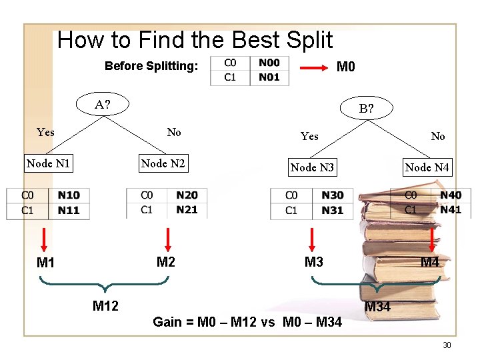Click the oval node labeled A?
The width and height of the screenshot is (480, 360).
(x=103, y=104)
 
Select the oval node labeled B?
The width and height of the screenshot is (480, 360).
(x=366, y=108)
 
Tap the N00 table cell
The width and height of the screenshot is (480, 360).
(x=269, y=63)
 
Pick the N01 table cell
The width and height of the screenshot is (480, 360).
(x=269, y=77)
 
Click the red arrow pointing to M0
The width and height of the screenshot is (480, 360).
(x=313, y=67)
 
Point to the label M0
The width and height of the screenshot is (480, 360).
(x=346, y=67)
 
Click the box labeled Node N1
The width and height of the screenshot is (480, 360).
(x=48, y=163)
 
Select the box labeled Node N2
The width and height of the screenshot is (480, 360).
(x=163, y=163)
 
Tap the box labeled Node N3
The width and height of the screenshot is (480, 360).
(x=312, y=167)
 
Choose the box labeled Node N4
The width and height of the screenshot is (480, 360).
(x=427, y=167)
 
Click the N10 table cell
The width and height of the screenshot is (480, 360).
(x=68, y=195)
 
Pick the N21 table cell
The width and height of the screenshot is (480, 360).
(x=187, y=209)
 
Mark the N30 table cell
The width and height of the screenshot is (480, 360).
(x=332, y=195)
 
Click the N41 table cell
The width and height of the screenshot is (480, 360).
(x=451, y=209)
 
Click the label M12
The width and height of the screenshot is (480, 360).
(x=105, y=306)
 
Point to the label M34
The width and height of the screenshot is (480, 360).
(x=377, y=307)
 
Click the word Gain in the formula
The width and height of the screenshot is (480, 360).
(x=167, y=323)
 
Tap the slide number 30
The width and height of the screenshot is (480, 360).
(x=447, y=345)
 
